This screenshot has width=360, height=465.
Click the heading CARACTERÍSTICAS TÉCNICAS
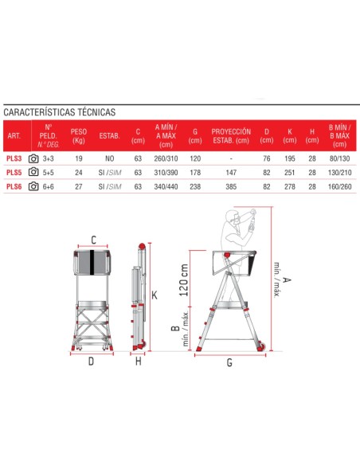point(60,112)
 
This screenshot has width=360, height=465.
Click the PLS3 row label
point(14,158)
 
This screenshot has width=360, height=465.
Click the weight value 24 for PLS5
point(79,172)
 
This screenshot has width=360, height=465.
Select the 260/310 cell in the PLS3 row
point(164,158)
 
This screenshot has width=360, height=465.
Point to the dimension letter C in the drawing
point(94,240)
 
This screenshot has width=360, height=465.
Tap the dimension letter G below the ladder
point(229,362)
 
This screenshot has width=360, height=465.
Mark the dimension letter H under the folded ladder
point(137,361)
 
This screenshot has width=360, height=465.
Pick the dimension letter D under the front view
point(91,361)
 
